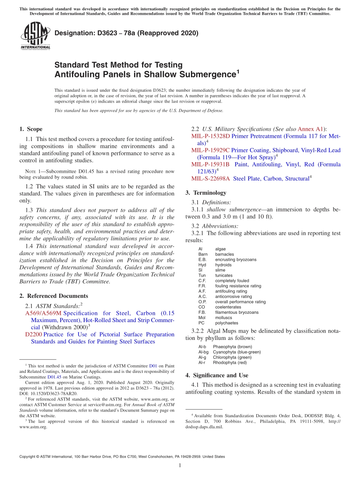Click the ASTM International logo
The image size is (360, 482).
tap(35, 36)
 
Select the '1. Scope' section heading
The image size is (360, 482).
tap(31, 129)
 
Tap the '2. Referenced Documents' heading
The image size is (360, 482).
tap(53, 296)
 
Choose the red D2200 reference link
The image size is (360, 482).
tap(33, 335)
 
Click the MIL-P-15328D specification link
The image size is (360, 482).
tap(210, 136)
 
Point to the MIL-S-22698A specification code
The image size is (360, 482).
tap(210, 178)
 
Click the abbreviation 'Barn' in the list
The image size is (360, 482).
tap(203, 254)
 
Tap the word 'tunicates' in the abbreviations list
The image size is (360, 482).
tap(224, 275)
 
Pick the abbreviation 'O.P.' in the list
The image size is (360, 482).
tap(202, 302)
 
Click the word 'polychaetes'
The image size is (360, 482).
tap(227, 323)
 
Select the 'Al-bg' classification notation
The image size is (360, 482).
tap(203, 352)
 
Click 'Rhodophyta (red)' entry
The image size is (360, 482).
tap(230, 363)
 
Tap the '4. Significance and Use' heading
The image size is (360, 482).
tap(217, 375)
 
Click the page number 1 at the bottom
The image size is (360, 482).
tap(180, 465)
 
